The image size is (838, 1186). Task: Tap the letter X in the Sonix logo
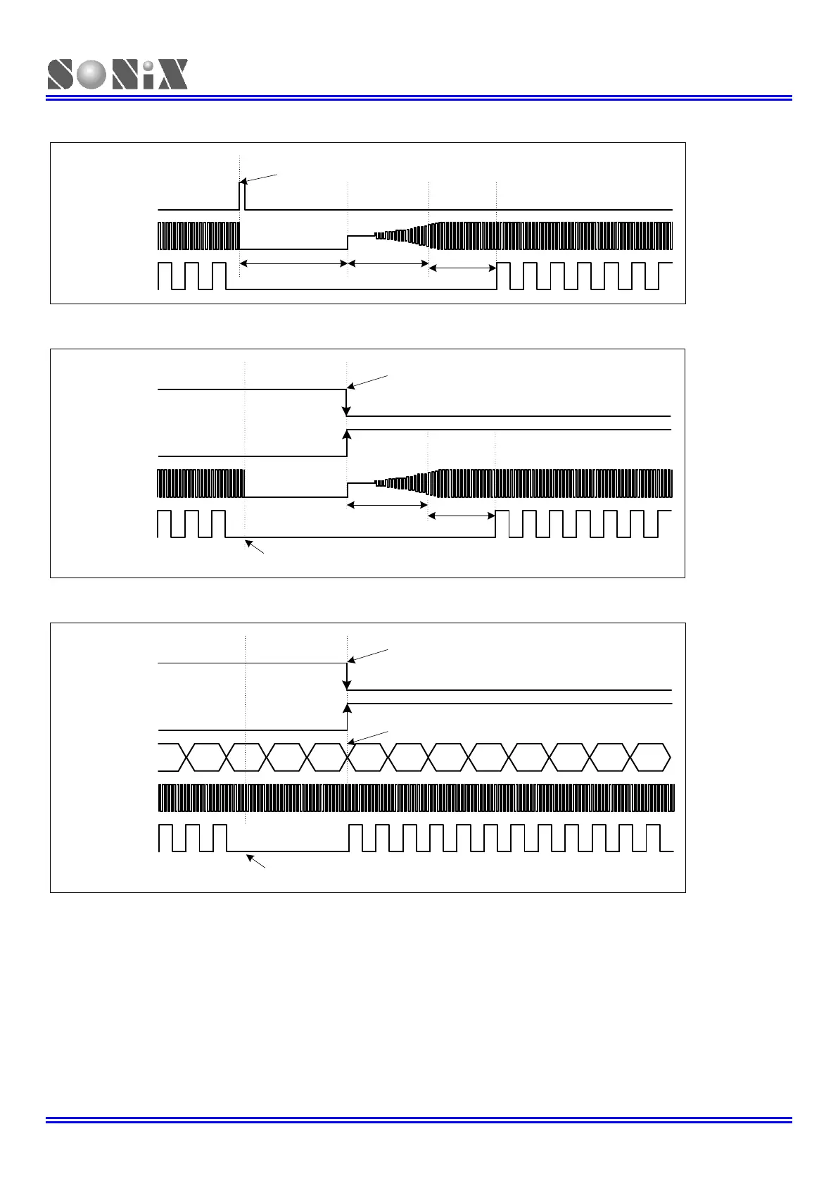tap(171, 75)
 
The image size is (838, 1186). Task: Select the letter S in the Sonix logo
tap(61, 75)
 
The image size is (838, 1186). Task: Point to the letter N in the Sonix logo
tap(127, 75)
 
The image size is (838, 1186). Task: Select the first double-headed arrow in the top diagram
tap(293, 263)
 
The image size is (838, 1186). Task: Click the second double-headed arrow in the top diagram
tap(388, 263)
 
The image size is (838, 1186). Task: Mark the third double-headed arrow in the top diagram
tap(462, 268)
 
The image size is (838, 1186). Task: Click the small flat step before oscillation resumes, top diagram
tap(360, 236)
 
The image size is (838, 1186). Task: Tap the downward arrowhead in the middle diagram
tap(346, 410)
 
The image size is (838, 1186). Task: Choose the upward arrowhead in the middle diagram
tap(346, 435)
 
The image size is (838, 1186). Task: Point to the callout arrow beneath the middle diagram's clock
tap(254, 547)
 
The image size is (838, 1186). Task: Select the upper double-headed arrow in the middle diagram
tap(388, 505)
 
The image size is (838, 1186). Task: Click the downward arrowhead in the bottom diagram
tap(347, 684)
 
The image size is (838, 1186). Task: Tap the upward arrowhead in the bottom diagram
tap(347, 709)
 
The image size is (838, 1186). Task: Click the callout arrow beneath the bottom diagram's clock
tap(255, 861)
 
